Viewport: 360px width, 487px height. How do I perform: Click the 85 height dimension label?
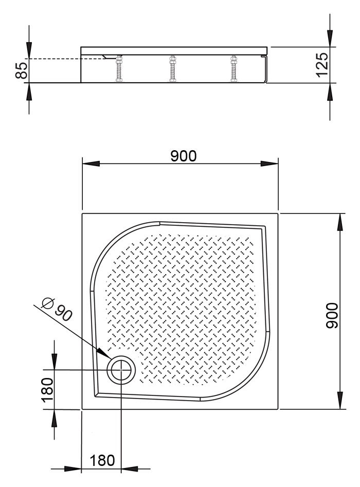point(22,71)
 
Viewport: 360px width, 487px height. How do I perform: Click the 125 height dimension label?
point(321,65)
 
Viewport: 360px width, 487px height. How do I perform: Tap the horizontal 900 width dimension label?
point(184,156)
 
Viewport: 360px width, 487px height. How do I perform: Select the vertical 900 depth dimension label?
point(332,316)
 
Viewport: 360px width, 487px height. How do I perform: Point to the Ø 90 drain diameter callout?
point(58,310)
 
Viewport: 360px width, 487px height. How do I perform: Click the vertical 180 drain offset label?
point(47,390)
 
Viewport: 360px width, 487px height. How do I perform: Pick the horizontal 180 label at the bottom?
point(102,460)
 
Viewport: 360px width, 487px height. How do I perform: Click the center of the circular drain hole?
point(121,370)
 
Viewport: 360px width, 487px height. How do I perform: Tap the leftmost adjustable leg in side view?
point(119,69)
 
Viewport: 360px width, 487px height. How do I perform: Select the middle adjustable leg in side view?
point(172,69)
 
